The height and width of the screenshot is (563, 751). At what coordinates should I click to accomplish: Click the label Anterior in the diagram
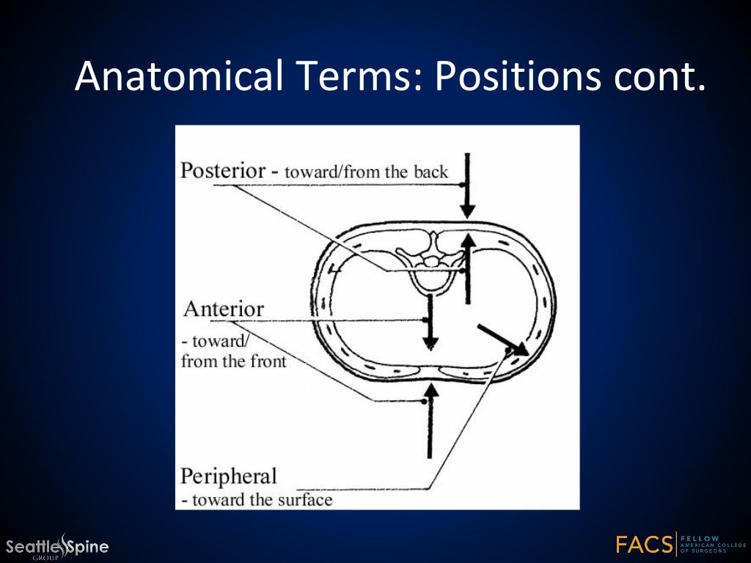tap(224, 309)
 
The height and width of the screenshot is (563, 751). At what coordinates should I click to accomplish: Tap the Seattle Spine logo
tap(57, 546)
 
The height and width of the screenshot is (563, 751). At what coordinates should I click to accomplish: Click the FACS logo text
tap(645, 545)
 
